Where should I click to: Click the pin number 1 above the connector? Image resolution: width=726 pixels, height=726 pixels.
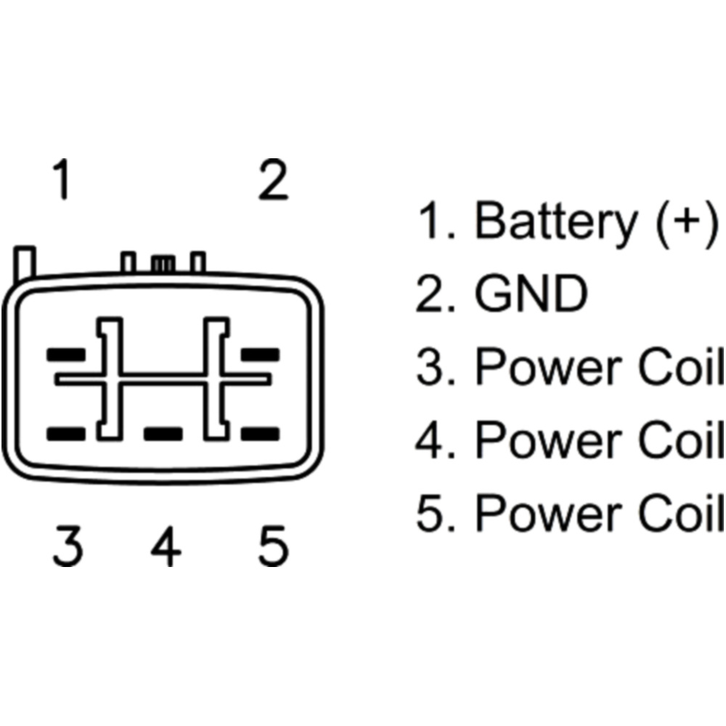64,181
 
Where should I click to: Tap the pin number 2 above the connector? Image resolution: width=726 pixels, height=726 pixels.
274,181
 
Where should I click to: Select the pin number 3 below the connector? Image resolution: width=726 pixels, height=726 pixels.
67,547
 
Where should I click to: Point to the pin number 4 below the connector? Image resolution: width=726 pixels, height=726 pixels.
166,547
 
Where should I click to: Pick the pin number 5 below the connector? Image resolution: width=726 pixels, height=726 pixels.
274,547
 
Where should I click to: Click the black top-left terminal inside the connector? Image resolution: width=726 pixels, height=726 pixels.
66,356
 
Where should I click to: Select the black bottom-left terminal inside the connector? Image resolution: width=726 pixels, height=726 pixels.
66,434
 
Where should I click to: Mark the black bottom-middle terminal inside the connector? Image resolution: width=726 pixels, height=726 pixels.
163,434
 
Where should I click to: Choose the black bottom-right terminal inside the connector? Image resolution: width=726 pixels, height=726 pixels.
261,434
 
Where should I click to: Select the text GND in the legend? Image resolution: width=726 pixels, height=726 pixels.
530,294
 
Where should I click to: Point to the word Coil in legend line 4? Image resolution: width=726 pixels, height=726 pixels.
682,440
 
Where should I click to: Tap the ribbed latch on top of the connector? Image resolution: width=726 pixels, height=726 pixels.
163,263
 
